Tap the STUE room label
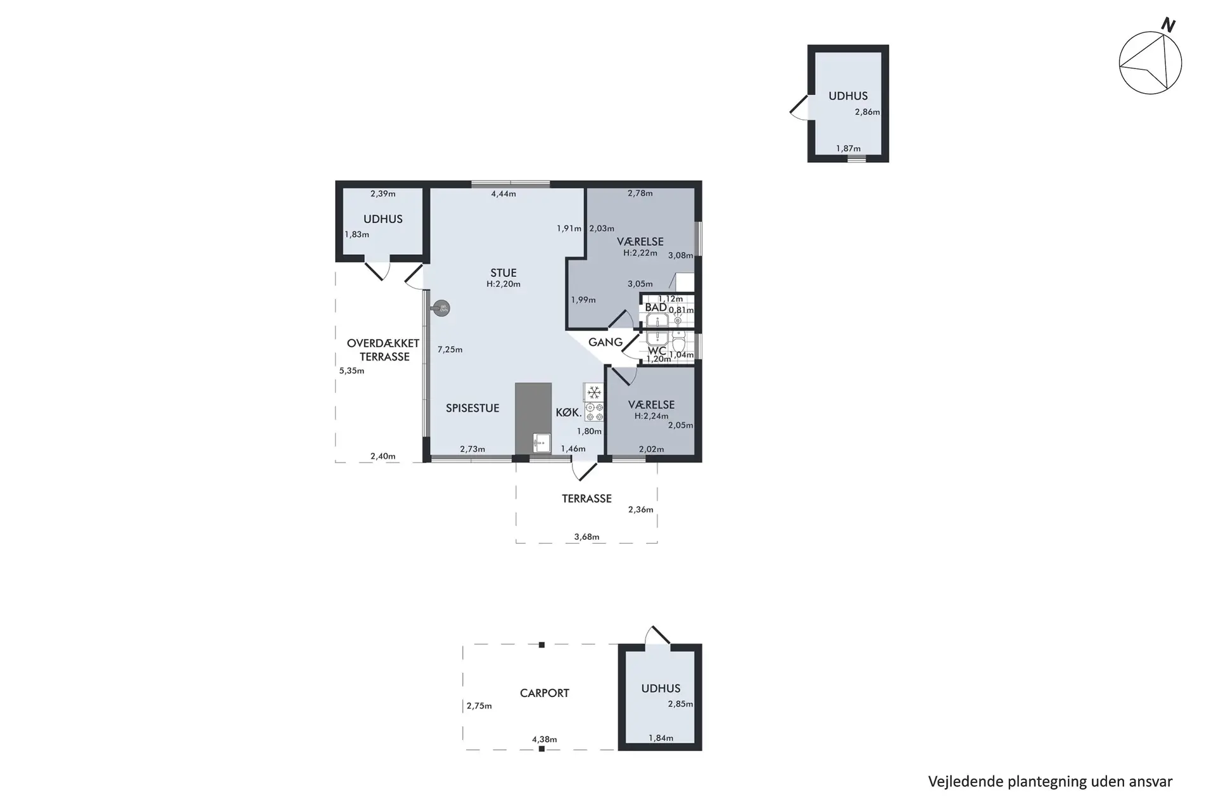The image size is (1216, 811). (503, 273)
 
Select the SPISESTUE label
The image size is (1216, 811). (472, 408)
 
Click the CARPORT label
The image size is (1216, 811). (545, 693)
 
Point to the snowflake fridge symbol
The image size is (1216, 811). (594, 392)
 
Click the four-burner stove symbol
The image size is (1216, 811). (594, 412)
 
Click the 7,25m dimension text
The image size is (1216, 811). (450, 349)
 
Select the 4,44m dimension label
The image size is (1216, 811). (503, 194)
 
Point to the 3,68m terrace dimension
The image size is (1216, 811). (586, 537)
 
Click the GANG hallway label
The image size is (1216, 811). (605, 342)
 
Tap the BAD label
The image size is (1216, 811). (655, 307)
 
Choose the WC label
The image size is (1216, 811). (657, 350)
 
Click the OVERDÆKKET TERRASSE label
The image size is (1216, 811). (383, 350)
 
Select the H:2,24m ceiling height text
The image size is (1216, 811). (651, 416)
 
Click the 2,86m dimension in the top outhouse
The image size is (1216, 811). (867, 112)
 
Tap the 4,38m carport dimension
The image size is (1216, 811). (544, 739)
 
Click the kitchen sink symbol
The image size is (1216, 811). (541, 442)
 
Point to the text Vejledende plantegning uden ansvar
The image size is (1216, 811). (1050, 782)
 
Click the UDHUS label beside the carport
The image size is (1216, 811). (661, 689)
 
